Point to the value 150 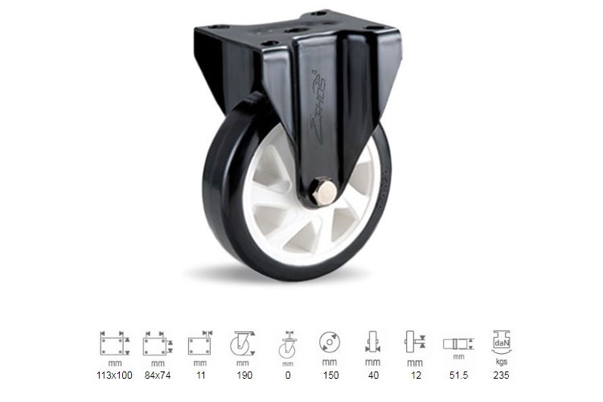coord(329,375)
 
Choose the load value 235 coord(502,375)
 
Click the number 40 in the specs coord(371,375)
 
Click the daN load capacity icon coord(502,343)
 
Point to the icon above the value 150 coord(329,343)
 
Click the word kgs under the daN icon coord(502,363)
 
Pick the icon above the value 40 coord(371,343)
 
